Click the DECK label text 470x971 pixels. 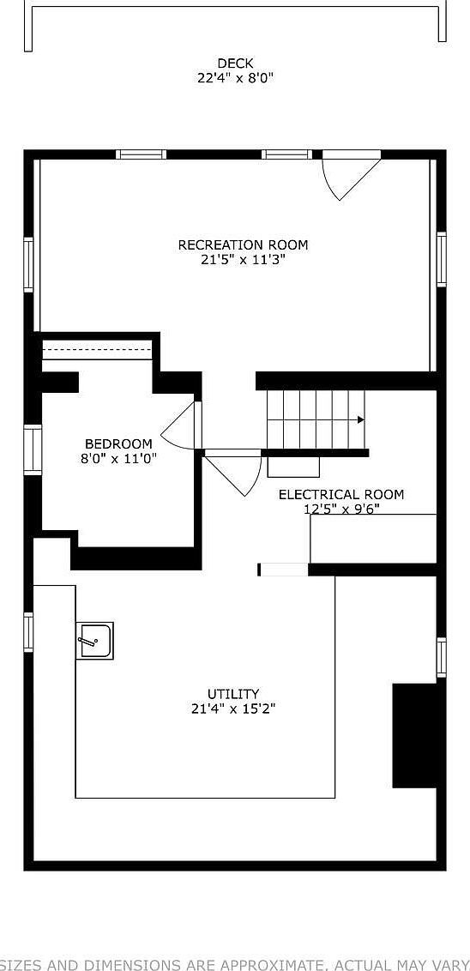coord(235,63)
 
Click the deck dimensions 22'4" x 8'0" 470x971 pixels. coord(235,77)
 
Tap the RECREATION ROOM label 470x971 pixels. coord(243,245)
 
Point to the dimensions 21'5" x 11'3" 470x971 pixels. coord(243,259)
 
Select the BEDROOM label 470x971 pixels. coord(118,444)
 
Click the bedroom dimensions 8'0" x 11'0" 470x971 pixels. coord(118,458)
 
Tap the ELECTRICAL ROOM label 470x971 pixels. coord(340,495)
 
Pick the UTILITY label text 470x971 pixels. coord(233,694)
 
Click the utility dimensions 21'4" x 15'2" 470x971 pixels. coord(233,709)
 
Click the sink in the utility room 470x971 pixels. coord(94,641)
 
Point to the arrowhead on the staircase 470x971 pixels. coord(361,419)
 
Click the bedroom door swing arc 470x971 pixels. coord(178,425)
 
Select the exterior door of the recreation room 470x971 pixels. coord(350,175)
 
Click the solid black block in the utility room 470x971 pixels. coord(414,735)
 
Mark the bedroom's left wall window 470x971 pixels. coord(33,449)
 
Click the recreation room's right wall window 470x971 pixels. coord(441,260)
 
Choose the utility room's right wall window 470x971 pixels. coord(441,657)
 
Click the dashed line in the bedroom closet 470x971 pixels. coord(97,350)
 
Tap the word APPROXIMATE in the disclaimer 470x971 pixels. coord(256,964)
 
